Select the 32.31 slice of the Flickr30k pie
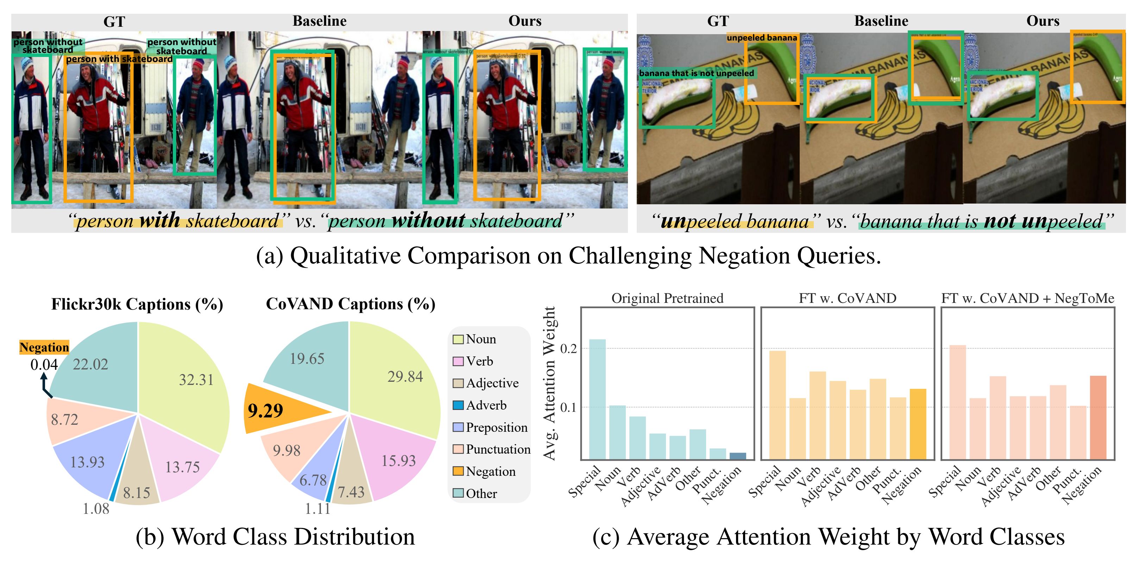190,380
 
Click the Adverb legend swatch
458,405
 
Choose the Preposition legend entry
490,427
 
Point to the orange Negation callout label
44,347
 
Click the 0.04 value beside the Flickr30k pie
44,365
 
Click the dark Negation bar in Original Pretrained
737,456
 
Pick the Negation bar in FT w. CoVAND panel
918,424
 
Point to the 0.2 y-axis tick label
568,349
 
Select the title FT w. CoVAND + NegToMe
1027,299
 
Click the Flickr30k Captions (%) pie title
137,304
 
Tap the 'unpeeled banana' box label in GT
761,38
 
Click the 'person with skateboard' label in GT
119,59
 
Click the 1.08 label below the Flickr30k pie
96,509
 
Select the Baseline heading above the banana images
881,21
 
